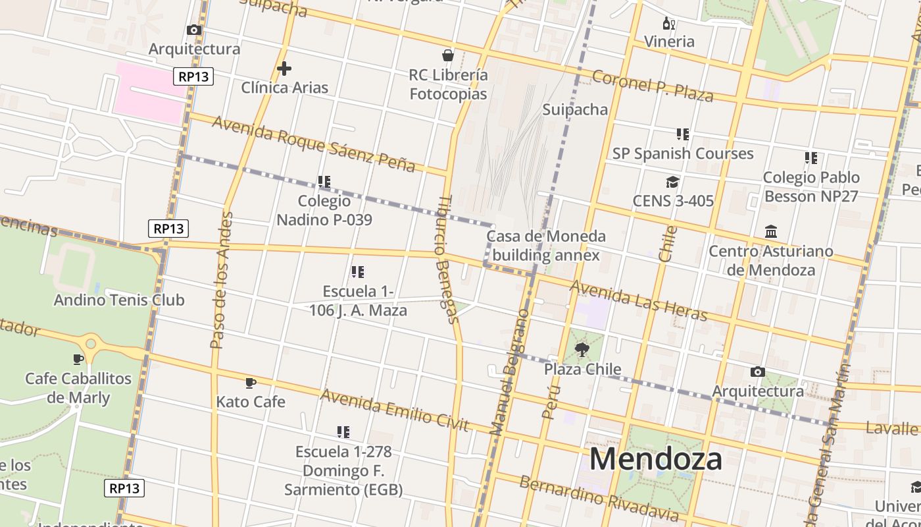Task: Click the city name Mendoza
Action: coord(655,458)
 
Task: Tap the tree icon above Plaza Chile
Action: coord(582,350)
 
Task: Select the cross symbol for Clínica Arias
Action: coord(284,69)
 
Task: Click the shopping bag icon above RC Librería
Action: coord(448,55)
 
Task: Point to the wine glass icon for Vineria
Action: coord(669,24)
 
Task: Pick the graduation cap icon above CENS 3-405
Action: coord(672,182)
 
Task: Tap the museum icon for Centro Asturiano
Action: coord(771,232)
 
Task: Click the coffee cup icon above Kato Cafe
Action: coord(250,383)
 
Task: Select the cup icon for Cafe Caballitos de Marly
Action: coord(78,359)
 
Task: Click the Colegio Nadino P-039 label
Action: coord(324,210)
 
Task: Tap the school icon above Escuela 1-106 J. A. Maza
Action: coord(358,271)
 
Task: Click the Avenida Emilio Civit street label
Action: coord(395,410)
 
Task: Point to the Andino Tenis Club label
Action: coord(119,300)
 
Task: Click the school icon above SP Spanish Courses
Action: coord(683,134)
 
